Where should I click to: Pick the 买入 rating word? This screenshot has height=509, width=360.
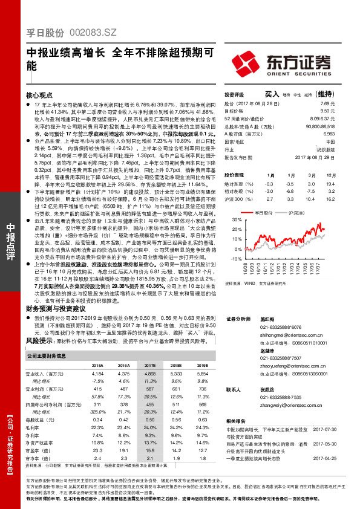[x=272, y=95]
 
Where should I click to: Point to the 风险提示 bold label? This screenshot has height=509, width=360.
[x=39, y=340]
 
